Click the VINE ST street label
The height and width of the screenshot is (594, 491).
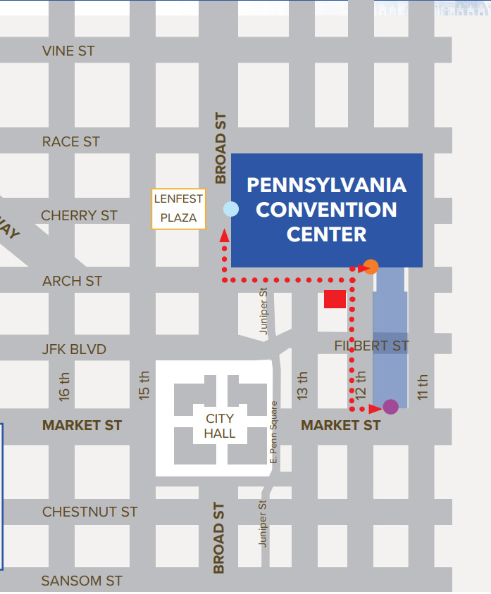click(68, 51)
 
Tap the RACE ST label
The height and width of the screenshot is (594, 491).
click(71, 141)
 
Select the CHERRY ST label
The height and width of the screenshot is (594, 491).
click(80, 215)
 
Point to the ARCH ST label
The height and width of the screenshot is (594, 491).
click(73, 281)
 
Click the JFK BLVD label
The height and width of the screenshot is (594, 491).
click(74, 349)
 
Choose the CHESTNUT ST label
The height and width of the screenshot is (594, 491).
click(90, 512)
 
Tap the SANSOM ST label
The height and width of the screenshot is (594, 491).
click(82, 581)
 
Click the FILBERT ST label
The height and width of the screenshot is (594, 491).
click(371, 346)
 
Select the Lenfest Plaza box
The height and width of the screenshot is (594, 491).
click(179, 208)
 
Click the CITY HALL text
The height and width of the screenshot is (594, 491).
click(220, 426)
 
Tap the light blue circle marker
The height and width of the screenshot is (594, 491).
click(230, 209)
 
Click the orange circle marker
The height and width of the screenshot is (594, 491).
click(371, 267)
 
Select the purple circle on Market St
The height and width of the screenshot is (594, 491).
click(390, 407)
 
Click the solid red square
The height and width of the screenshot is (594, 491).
click(335, 299)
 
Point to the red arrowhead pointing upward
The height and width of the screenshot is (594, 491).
click(225, 236)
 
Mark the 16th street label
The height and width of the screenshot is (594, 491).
click(65, 386)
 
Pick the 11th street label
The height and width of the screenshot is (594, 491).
click(423, 386)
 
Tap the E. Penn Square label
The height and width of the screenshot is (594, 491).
click(274, 432)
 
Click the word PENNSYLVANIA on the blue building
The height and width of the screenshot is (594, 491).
click(327, 185)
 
